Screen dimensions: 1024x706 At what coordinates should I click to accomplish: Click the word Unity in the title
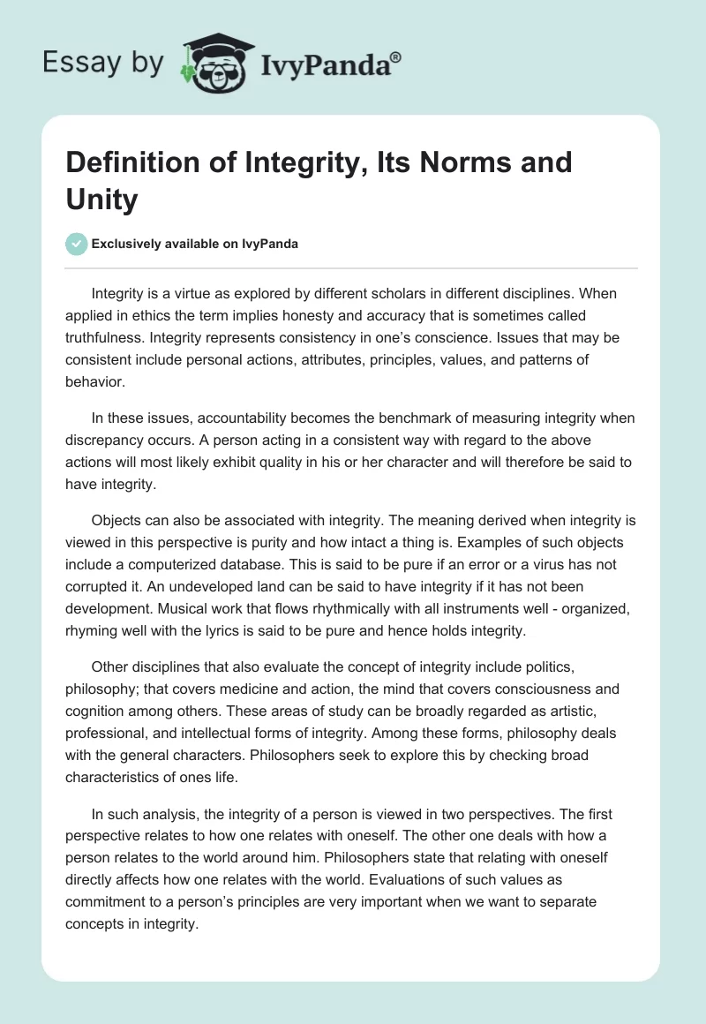[102, 200]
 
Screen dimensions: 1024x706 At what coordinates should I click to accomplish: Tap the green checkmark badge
[78, 244]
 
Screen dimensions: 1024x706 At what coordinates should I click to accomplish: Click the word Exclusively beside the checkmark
[130, 245]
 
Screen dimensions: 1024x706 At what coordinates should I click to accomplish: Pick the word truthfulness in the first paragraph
[109, 338]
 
